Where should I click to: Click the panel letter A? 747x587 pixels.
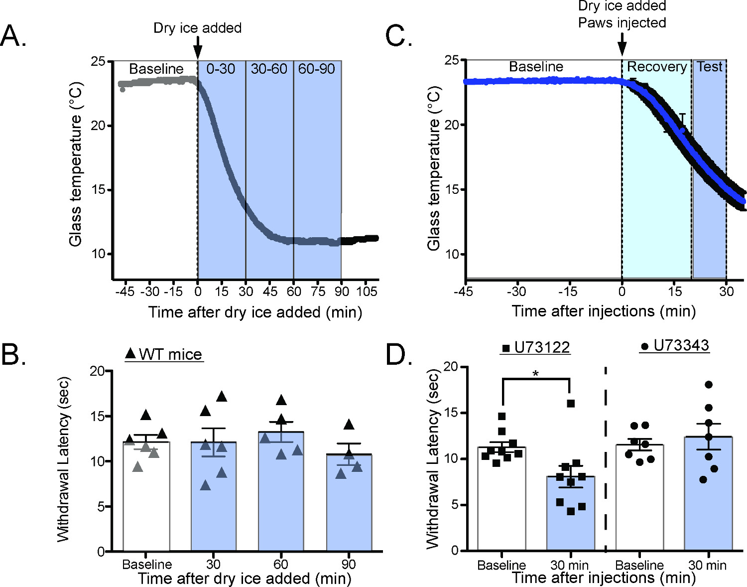point(13,36)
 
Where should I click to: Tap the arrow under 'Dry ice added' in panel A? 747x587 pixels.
point(198,47)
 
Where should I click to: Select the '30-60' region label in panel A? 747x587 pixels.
point(269,69)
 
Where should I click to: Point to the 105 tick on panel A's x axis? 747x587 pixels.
point(367,292)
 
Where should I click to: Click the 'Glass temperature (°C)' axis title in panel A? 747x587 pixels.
point(75,164)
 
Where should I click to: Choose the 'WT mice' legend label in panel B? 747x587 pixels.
point(170,354)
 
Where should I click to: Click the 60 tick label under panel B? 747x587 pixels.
point(281,564)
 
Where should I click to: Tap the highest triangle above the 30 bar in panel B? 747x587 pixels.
point(221,397)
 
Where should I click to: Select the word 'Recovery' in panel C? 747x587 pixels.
point(656,67)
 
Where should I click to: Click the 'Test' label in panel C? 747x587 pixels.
point(709,67)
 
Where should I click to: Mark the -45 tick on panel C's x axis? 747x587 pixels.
point(464,291)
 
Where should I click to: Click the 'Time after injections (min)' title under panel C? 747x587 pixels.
point(604,311)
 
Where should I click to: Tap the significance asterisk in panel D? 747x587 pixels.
point(536,373)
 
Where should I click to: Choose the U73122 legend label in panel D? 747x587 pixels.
point(542,347)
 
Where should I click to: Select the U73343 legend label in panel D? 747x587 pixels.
point(681,345)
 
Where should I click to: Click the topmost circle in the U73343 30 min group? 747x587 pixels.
point(709,384)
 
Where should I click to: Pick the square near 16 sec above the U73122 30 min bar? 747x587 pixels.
point(571,403)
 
